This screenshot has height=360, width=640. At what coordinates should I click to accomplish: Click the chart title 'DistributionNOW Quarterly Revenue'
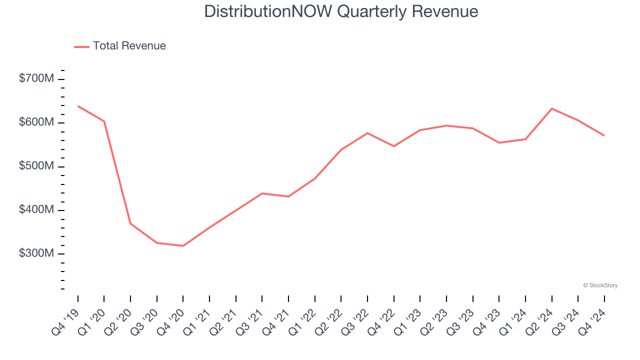coord(341,11)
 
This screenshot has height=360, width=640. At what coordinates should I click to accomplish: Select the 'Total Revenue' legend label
coord(129,46)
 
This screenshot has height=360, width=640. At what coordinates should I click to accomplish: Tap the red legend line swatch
coord(81,46)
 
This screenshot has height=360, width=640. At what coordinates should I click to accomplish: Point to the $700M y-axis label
coord(36,79)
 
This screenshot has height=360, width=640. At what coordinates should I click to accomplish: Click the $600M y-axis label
coord(36,122)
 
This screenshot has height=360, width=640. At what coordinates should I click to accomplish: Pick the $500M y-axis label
coord(36,166)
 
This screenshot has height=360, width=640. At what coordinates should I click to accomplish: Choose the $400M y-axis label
coord(36,210)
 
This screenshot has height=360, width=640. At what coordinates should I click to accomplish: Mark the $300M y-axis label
coord(36,253)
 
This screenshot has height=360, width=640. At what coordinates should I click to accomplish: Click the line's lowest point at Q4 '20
coord(183,246)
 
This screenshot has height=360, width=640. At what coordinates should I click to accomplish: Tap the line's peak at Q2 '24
coord(551,108)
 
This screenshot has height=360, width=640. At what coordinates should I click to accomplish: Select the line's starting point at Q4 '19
coord(78,106)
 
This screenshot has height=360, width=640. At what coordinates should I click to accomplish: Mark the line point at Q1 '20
coord(104,121)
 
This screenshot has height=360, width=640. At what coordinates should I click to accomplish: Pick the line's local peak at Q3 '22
coord(367,133)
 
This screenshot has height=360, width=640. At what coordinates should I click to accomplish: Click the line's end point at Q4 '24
coord(604,135)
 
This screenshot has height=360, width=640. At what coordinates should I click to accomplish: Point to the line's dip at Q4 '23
coord(499,143)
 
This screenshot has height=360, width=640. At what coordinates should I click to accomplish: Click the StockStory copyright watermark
coord(600,285)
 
